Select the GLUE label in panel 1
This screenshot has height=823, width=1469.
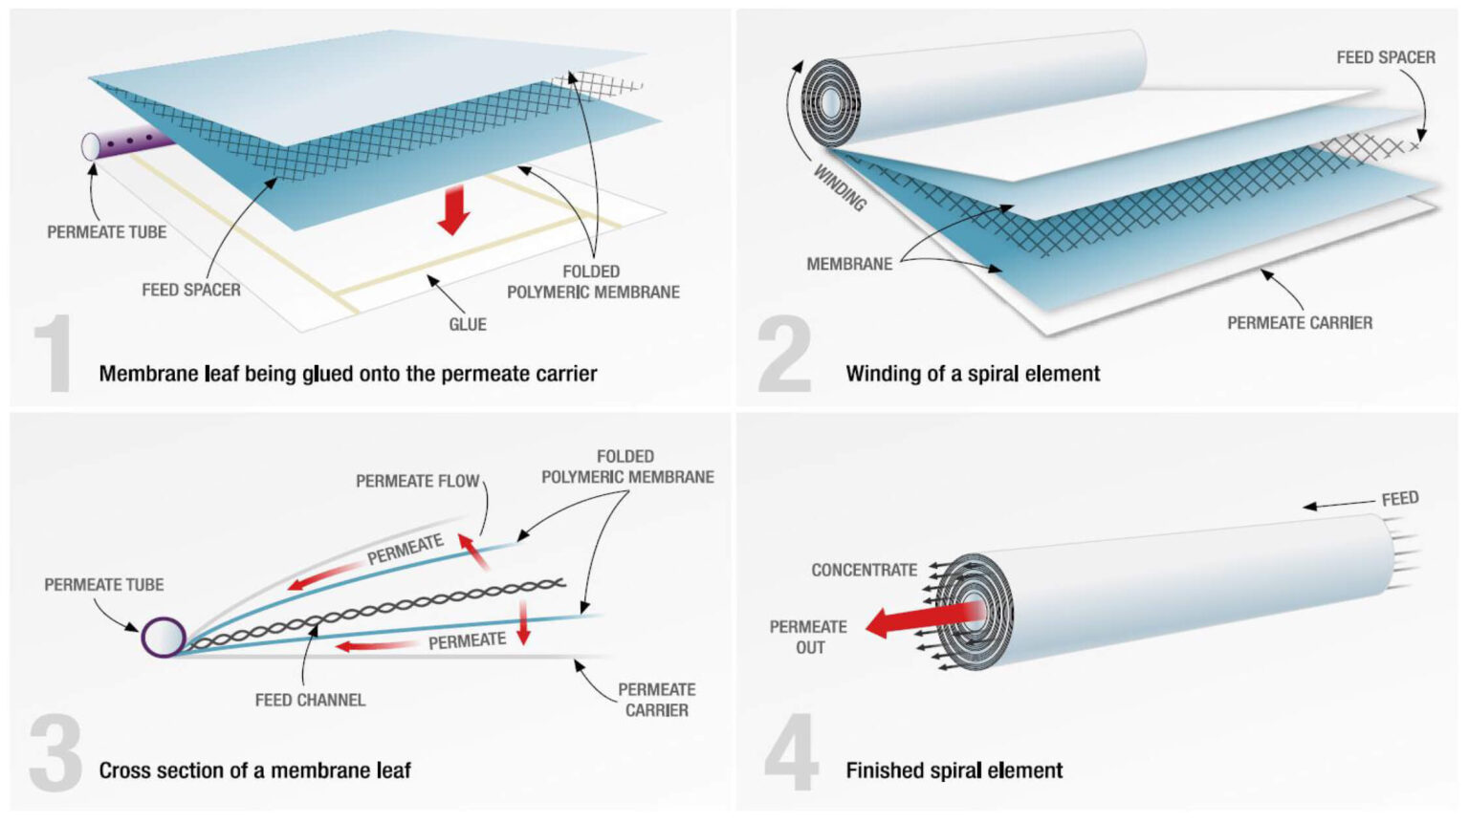[468, 324]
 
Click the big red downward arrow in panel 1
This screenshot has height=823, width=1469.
[453, 209]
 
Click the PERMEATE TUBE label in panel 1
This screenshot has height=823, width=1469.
[106, 232]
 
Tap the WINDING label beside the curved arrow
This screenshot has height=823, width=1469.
[840, 187]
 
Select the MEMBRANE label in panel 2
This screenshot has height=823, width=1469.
[848, 264]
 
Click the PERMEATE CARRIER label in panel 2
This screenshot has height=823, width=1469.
[1299, 323]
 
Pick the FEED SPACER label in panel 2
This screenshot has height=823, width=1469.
[1385, 57]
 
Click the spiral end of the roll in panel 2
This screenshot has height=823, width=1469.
[830, 102]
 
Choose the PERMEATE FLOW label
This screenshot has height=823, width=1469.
[417, 481]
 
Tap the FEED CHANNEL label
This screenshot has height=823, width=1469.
[310, 700]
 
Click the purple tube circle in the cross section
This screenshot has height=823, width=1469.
[164, 637]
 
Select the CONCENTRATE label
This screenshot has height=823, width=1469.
[864, 570]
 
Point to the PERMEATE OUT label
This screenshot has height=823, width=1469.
[809, 637]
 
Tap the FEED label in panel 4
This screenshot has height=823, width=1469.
[1399, 498]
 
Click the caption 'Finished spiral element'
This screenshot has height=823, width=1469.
[954, 770]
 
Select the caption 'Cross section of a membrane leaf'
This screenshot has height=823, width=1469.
[254, 770]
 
